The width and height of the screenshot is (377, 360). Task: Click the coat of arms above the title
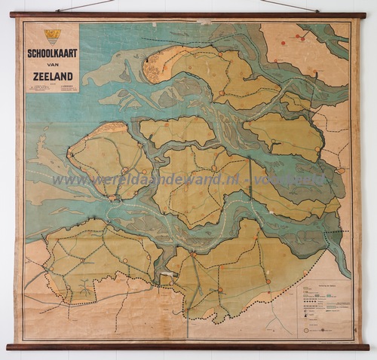pyautogui.click(x=52, y=35)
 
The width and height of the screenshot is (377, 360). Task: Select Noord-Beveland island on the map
pyautogui.click(x=177, y=131)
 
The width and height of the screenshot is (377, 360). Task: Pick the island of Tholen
pyautogui.click(x=287, y=136)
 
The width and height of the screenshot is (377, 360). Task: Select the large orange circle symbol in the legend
pyautogui.click(x=308, y=329)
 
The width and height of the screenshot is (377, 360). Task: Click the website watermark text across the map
pyautogui.click(x=188, y=180)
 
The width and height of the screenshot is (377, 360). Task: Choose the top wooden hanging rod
pyautogui.click(x=188, y=15)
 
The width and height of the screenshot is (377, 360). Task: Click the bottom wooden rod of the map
pyautogui.click(x=188, y=347)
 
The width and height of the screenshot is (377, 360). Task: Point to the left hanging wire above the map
pyautogui.click(x=83, y=6)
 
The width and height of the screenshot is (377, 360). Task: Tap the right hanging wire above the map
pyautogui.click(x=290, y=6)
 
